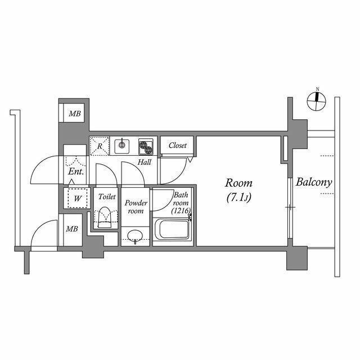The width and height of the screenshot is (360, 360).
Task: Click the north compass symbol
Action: coord(317,101)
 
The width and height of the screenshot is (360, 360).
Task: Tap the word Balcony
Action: coord(314,183)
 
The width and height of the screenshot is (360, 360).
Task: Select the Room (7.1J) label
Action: coord(239,190)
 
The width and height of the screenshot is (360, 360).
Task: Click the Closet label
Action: coord(177,145)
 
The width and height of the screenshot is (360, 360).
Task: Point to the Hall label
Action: coord(145,163)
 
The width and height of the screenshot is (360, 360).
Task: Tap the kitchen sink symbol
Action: coord(121,146)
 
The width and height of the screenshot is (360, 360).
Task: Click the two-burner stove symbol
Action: coord(146,147)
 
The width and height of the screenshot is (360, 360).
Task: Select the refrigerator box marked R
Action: coord(100,146)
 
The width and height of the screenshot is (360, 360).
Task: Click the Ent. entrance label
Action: coord(76,172)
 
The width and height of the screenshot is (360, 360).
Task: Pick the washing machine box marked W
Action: coord(75,198)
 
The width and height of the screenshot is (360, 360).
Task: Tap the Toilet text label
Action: coord(107,197)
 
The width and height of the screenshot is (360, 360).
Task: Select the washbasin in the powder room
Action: coord(135,236)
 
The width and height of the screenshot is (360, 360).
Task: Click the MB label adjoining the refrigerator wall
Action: coord(75,114)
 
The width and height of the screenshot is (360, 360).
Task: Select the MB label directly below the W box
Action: coord(71,229)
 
